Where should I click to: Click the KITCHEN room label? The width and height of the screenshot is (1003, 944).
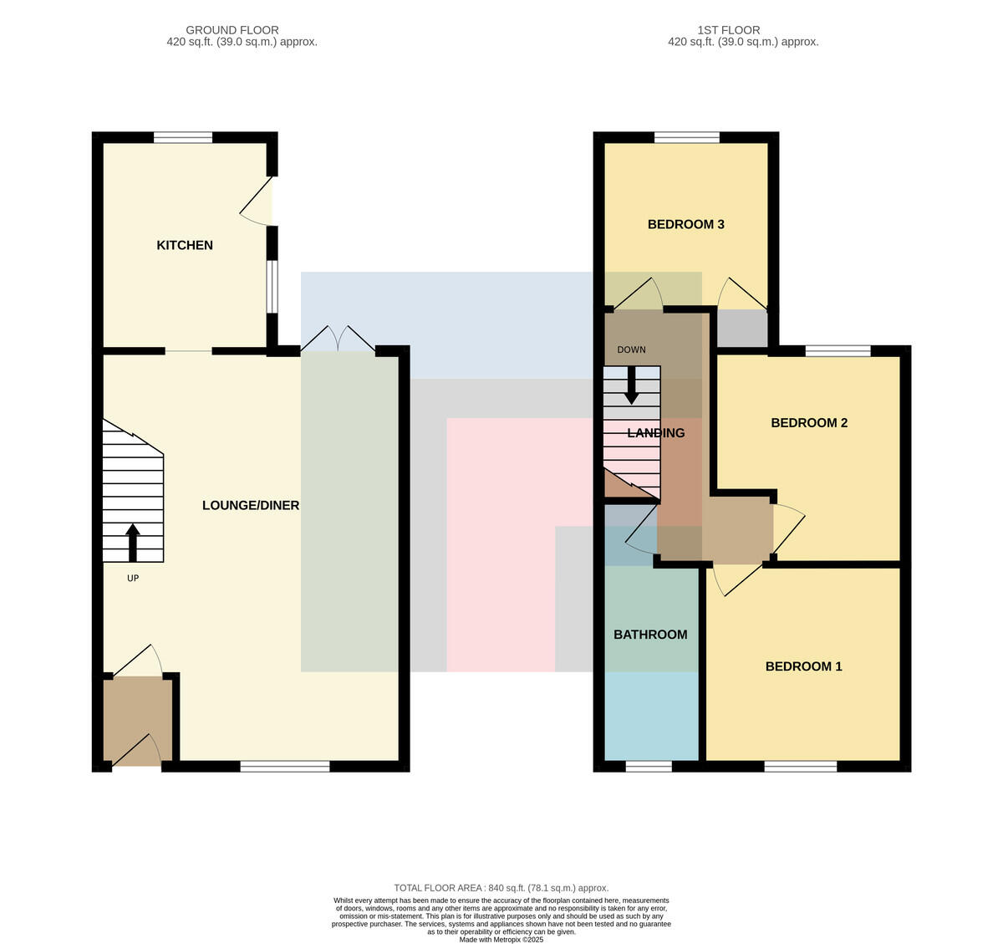tap(185, 246)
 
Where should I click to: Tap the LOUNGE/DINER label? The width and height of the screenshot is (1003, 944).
tap(251, 505)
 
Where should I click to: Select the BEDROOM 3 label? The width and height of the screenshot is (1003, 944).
tap(686, 224)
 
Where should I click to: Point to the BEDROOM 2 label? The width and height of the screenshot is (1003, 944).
tap(809, 423)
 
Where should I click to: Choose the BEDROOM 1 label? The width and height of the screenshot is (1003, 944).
tap(803, 666)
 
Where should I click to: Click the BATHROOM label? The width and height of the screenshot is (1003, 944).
tap(650, 635)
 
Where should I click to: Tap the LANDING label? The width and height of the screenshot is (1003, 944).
tap(655, 433)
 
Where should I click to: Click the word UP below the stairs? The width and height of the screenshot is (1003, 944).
tap(133, 578)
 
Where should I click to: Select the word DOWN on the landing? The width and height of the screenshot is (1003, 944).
tap(631, 350)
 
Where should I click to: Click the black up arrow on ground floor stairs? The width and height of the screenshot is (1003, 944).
tap(133, 543)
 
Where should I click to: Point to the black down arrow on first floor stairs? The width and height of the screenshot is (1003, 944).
tap(631, 385)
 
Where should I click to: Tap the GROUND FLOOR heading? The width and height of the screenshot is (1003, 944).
tap(232, 30)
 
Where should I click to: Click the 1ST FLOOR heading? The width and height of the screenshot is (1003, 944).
tap(729, 30)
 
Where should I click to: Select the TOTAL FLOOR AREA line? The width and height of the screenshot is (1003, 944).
tap(501, 888)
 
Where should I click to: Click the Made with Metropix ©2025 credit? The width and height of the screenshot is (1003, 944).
tap(501, 940)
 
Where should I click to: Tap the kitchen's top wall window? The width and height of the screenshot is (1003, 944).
tap(183, 137)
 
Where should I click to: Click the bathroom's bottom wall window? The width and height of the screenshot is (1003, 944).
tap(649, 767)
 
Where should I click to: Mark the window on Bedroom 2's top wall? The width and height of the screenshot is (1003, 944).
tap(838, 350)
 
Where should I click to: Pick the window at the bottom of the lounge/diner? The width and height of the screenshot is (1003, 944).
tap(285, 767)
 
